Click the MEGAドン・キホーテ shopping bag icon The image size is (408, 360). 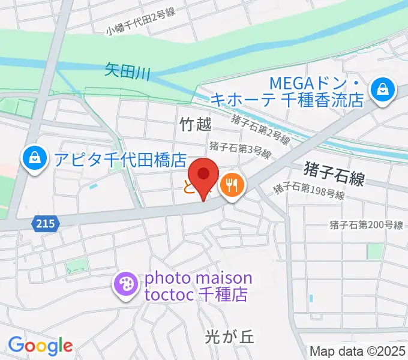(x=381, y=91)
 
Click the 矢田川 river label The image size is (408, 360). (x=127, y=71)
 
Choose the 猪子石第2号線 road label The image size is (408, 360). (x=262, y=130)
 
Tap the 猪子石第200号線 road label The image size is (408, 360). (x=366, y=225)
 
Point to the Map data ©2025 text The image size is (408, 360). (x=358, y=351)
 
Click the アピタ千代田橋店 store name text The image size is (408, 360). (x=120, y=159)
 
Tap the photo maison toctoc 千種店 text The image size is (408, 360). (x=198, y=287)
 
